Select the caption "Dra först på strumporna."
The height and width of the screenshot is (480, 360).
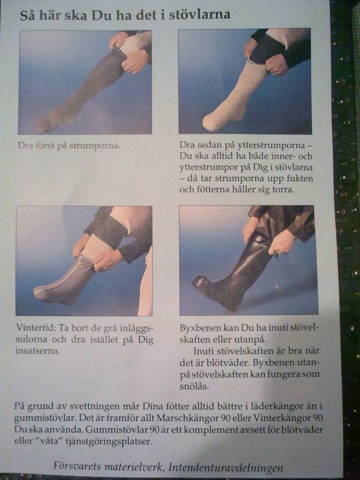[69, 145]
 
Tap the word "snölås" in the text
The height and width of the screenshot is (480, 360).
[194, 386]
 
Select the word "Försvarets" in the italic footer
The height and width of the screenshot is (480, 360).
[77, 466]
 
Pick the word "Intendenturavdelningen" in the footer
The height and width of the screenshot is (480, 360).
[226, 468]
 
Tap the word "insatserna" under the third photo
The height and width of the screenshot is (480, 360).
[37, 351]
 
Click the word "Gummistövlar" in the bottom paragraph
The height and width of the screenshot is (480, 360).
[117, 430]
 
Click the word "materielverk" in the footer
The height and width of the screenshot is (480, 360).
[134, 467]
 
